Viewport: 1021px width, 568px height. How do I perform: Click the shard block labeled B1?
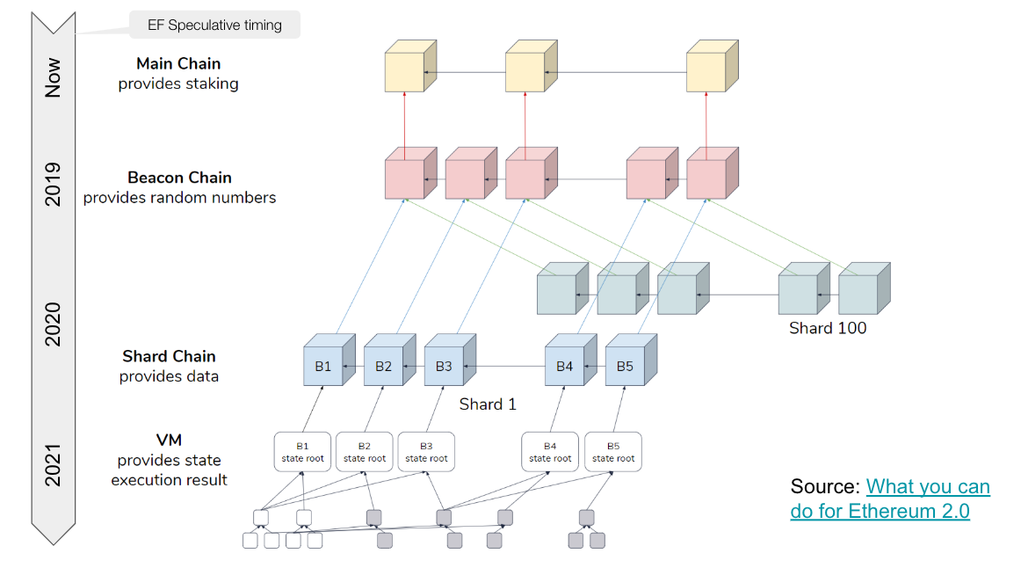point(323,366)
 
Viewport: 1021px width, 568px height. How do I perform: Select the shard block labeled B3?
point(444,366)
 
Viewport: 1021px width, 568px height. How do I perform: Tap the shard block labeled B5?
point(625,366)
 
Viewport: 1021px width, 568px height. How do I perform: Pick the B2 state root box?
point(365,452)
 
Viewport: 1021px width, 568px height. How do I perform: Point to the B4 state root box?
point(550,452)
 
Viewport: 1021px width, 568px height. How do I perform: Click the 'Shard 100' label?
point(828,328)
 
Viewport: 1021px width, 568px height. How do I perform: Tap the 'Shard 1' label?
point(488,404)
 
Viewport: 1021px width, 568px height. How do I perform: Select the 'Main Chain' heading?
point(178,63)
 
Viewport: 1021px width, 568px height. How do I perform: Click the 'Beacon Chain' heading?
point(179,178)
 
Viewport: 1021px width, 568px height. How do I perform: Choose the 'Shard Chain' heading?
point(169,356)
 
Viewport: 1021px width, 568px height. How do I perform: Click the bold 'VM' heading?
point(169,440)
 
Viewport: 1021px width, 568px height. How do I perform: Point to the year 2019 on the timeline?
point(54,184)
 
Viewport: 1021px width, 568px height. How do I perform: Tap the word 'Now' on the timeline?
point(54,77)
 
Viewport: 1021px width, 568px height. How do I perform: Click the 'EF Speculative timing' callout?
point(214,25)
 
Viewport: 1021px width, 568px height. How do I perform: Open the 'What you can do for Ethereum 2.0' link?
point(890,499)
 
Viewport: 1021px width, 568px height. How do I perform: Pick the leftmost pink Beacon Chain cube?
point(405,178)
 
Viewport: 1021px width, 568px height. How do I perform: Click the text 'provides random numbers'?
point(179,198)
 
